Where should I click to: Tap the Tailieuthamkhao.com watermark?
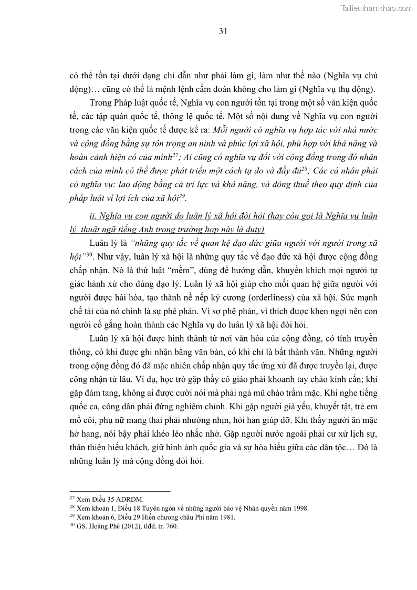tap(377, 8)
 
